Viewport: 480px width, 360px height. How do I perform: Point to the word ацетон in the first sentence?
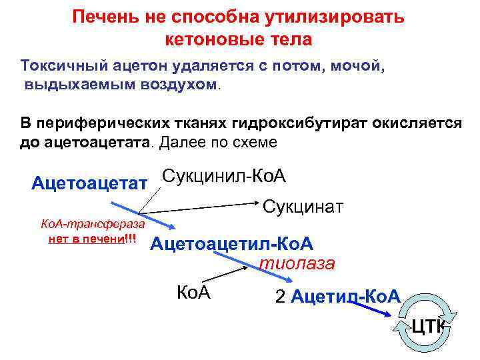tap(147, 67)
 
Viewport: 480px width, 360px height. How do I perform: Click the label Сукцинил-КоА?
tap(224, 176)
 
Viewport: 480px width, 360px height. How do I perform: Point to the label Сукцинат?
tap(303, 207)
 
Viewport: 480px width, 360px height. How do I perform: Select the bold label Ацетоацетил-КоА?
tap(231, 244)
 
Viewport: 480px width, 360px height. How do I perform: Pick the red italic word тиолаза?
tap(297, 263)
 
